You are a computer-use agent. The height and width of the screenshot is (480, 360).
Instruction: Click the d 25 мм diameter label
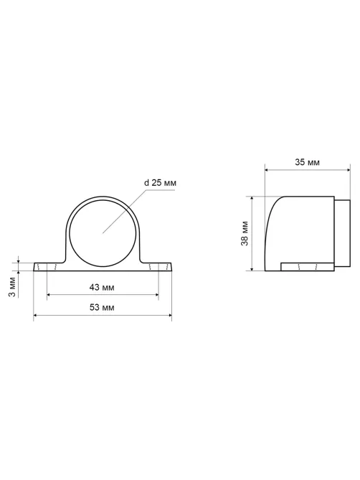pos(160,183)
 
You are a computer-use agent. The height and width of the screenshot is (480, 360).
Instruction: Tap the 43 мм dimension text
pos(102,288)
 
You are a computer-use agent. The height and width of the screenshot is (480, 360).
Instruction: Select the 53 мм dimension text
pos(102,307)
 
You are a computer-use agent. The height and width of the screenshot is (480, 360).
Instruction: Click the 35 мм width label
pos(307,162)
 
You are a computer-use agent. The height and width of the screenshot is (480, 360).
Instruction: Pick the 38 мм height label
pos(245,233)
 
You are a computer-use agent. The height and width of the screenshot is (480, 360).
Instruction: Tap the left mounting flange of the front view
pos(49,267)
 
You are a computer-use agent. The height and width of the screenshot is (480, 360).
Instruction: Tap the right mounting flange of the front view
pos(156,267)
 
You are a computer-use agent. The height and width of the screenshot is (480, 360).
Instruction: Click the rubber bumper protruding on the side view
pos(342,233)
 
